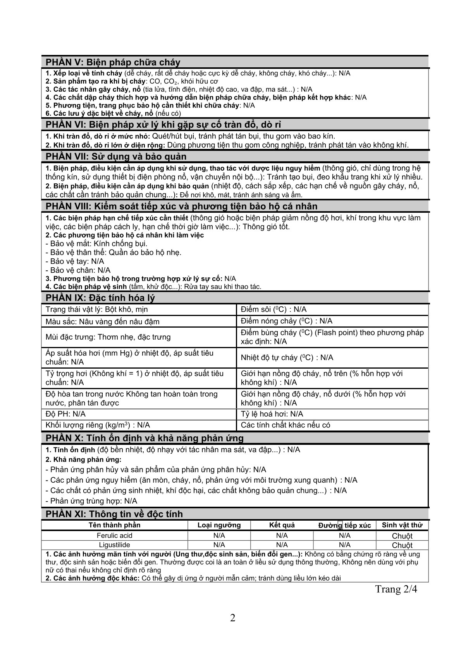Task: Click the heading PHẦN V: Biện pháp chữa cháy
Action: tap(113, 62)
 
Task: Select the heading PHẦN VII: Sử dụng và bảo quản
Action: tap(116, 156)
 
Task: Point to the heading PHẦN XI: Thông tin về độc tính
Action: tap(114, 514)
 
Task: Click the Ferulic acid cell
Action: tap(114, 535)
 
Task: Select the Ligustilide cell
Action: tap(114, 545)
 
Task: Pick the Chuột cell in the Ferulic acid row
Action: tap(402, 536)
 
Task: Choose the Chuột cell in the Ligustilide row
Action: tap(402, 545)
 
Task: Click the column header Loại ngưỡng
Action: tap(219, 525)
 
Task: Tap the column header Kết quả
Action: tap(282, 525)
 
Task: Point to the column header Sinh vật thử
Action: tap(402, 525)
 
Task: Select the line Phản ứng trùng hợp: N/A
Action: tap(93, 501)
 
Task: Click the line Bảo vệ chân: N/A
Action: tap(80, 270)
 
